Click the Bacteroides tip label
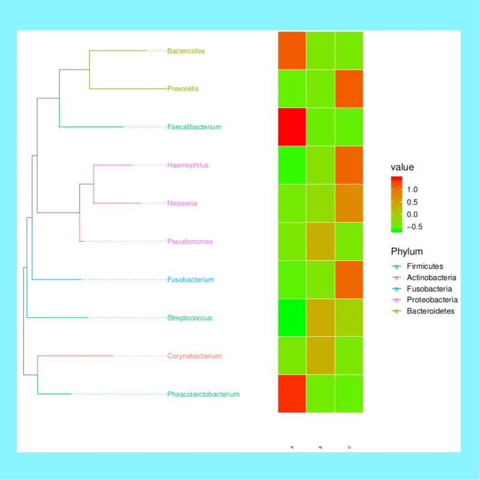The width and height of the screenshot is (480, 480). coord(185,51)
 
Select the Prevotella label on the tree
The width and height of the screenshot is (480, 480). coord(183,89)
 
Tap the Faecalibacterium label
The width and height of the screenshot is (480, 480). coord(194,127)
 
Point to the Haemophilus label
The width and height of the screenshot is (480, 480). coord(188,165)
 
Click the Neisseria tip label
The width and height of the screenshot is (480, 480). coord(182,203)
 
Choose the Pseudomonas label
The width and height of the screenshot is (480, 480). coord(190,242)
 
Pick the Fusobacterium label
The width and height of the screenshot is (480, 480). coord(191,280)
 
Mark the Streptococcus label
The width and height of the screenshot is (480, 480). coord(190,318)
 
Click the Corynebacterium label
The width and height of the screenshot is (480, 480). coord(194,356)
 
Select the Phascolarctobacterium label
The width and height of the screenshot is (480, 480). coord(203,394)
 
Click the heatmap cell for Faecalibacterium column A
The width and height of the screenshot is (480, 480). coord(292,127)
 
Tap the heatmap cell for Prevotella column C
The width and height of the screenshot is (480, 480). coord(349,89)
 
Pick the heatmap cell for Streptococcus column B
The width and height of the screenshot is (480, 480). coord(320,318)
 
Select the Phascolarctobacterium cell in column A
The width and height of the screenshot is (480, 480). coord(292,394)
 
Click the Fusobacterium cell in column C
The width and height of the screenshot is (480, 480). coord(349,280)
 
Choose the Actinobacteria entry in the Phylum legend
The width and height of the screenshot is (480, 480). coord(431,278)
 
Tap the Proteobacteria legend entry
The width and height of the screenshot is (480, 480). coord(432,300)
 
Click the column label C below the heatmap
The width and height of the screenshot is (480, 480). coord(349,448)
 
